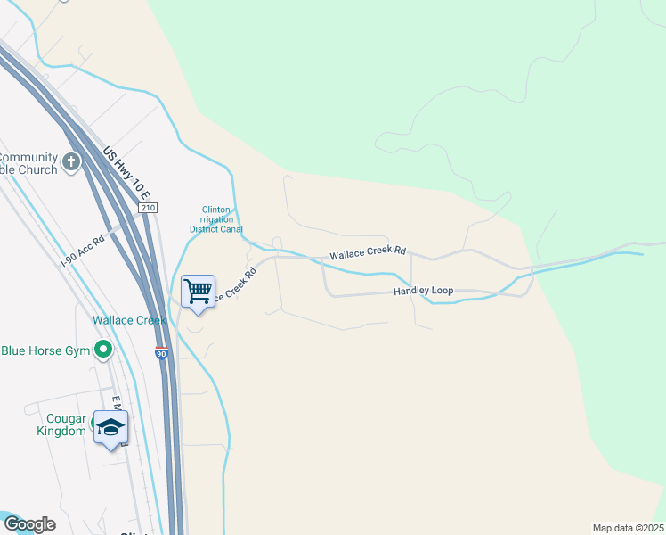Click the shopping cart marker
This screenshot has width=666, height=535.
click(198, 292)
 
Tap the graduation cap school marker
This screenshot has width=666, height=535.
click(110, 427)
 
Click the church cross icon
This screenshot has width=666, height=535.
click(72, 163)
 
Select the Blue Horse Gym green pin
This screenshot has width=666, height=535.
click(103, 350)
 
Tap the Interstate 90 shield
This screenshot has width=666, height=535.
click(162, 353)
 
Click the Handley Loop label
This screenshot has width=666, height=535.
click(424, 292)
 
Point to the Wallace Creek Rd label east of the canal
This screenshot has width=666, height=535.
click(367, 254)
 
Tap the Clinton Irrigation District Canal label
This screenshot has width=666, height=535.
click(216, 219)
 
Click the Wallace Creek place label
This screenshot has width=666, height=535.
click(129, 320)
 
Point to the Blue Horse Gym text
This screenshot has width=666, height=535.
click(46, 350)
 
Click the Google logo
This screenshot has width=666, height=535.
click(28, 523)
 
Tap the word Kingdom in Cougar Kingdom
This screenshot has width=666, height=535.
click(68, 432)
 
